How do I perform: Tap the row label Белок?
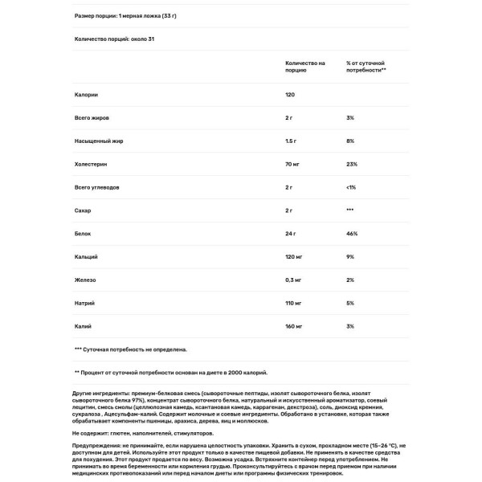click(x=83, y=234)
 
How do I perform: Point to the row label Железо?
click(x=85, y=280)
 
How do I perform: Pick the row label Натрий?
click(x=84, y=304)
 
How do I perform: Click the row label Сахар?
click(x=83, y=210)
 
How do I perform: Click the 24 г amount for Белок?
click(x=291, y=234)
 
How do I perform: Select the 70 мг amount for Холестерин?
click(x=292, y=164)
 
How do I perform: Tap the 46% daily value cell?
click(x=351, y=234)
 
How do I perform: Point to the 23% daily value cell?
click(x=351, y=164)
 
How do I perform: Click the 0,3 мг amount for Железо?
click(x=294, y=280)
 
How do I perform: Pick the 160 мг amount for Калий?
click(x=294, y=327)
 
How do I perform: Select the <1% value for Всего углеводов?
click(x=351, y=187)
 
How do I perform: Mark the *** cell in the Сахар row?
click(x=350, y=210)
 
